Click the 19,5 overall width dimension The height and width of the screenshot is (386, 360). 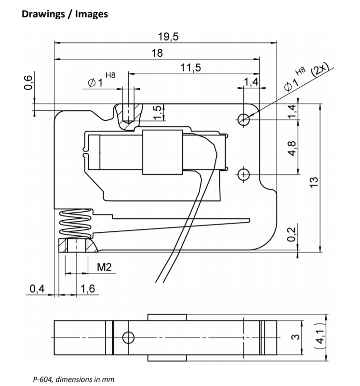tap(168, 37)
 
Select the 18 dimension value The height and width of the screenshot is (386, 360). tap(157, 53)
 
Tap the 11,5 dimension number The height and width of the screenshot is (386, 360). tap(190, 67)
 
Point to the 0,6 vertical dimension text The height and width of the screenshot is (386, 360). tap(28, 82)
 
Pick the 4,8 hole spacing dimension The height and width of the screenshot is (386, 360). tap(292, 148)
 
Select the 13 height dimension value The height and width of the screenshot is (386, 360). tap(314, 183)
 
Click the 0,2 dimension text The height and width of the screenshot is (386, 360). tap(291, 234)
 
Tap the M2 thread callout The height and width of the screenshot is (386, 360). tap(104, 267)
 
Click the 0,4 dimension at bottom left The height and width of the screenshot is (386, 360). tap(37, 289)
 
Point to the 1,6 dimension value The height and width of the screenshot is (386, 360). tap(88, 289)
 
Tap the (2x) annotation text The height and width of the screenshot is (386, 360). tap(320, 69)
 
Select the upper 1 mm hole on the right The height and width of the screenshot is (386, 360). tap(243, 120)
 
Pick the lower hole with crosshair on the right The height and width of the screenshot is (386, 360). tap(243, 174)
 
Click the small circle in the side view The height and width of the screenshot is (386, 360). tap(128, 337)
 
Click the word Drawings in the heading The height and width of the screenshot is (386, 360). tap(43, 14)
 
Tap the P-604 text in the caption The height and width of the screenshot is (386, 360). tap(42, 379)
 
